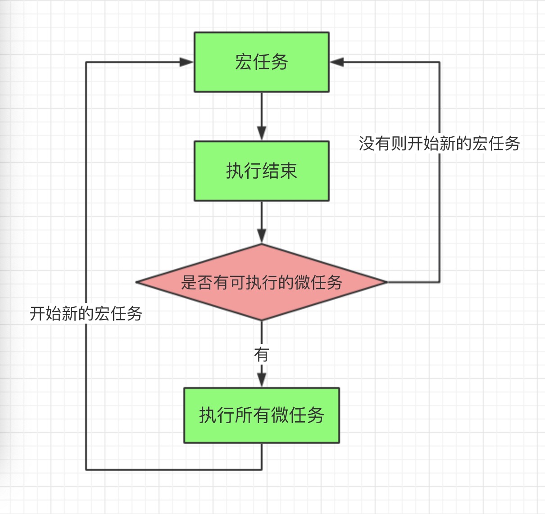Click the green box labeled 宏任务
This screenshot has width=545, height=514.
click(x=261, y=62)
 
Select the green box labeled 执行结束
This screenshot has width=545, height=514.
click(x=261, y=171)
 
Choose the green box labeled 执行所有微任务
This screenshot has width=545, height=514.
click(x=261, y=415)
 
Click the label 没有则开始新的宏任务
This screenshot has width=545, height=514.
click(x=439, y=144)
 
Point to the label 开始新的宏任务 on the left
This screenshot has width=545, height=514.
click(x=86, y=313)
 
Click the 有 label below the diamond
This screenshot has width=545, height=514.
click(x=261, y=355)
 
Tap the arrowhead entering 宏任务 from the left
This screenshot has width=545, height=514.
click(x=186, y=62)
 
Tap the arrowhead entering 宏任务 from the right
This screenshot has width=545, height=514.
click(x=337, y=62)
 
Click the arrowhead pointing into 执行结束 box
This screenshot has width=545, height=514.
click(x=262, y=133)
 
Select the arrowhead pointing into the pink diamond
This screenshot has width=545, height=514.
click(x=262, y=236)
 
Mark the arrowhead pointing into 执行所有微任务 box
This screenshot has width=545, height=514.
click(x=262, y=379)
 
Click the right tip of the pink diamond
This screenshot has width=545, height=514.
click(x=386, y=282)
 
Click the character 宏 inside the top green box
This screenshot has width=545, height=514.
click(x=243, y=62)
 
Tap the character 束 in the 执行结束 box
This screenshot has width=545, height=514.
click(x=289, y=171)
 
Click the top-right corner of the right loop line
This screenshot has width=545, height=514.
click(x=439, y=63)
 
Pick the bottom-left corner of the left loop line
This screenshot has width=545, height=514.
click(x=86, y=469)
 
